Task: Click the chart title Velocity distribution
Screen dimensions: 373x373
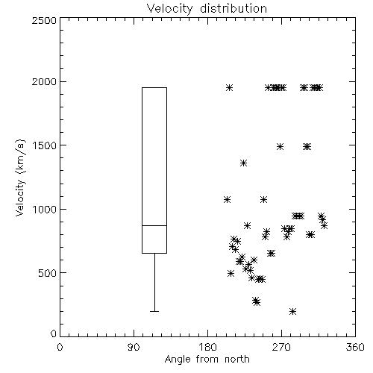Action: click(x=207, y=8)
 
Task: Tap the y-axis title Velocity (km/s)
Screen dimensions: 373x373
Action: click(x=20, y=178)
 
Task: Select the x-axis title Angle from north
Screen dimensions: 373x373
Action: click(x=207, y=360)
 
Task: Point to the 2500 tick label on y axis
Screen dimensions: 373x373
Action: click(x=44, y=20)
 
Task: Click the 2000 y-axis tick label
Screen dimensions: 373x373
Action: click(x=44, y=81)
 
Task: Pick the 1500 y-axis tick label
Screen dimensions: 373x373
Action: click(x=45, y=145)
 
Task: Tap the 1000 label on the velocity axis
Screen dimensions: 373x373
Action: click(x=45, y=209)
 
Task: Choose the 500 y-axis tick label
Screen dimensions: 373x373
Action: click(x=48, y=273)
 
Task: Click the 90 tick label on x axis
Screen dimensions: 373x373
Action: click(x=134, y=347)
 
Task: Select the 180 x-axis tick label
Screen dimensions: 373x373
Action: click(x=207, y=347)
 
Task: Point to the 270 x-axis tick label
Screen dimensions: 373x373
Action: click(x=281, y=347)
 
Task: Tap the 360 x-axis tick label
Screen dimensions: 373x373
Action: click(x=355, y=347)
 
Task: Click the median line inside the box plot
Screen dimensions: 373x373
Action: click(x=154, y=225)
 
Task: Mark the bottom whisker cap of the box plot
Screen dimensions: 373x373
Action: click(x=154, y=311)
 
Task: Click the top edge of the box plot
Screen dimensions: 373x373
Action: click(x=154, y=87)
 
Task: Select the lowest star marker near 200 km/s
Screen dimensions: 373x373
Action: click(x=293, y=311)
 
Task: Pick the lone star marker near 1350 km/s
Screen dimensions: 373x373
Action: click(x=243, y=163)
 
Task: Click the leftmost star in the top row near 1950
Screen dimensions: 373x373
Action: click(x=229, y=87)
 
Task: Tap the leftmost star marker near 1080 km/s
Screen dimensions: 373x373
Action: click(x=227, y=199)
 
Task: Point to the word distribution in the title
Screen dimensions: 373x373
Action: click(x=233, y=8)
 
